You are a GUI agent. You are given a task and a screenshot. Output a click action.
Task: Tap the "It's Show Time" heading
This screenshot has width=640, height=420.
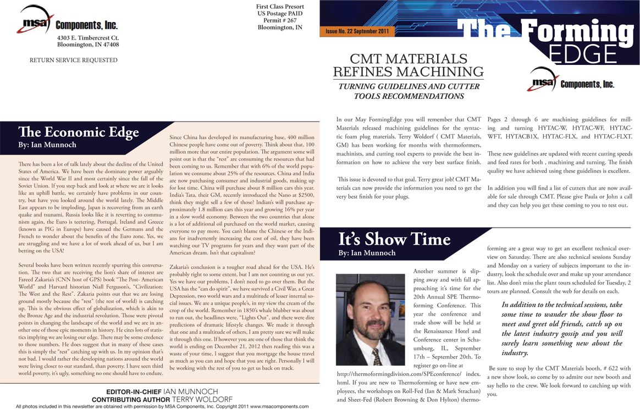394,239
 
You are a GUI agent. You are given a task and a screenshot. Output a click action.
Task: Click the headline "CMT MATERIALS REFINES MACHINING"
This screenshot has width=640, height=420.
409,65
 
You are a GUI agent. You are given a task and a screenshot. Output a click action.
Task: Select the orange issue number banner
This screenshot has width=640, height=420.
357,31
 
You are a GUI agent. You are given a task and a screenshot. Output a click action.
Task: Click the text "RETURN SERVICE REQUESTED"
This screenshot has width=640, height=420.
73,60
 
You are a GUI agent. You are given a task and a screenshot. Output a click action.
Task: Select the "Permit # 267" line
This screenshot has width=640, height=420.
280,20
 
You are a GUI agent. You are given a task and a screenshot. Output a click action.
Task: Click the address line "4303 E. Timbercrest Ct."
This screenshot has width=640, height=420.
88,37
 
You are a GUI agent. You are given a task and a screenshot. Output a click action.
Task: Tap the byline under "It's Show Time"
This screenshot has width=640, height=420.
367,253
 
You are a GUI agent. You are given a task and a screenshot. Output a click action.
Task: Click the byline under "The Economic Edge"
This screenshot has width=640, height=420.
47,145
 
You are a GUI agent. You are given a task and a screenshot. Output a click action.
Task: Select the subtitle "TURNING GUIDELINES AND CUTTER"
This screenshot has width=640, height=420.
409,87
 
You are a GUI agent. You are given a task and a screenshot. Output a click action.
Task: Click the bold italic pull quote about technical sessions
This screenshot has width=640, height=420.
561,328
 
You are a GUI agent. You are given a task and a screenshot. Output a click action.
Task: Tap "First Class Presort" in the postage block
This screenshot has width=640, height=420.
280,6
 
